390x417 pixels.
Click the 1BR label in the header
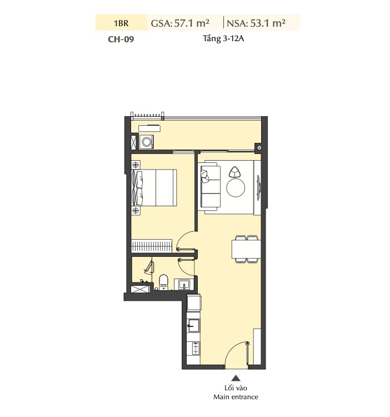coord(121,23)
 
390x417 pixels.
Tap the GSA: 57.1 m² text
coord(180,23)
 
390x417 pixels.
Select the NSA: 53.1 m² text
coord(256,23)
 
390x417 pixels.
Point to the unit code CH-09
coord(121,39)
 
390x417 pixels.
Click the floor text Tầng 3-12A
coord(223,38)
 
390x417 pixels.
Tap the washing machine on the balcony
coord(147,142)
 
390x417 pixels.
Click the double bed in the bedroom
coord(154,187)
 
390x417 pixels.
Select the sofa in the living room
coord(211,187)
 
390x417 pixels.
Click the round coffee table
coord(236,188)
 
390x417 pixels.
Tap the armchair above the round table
coord(234,172)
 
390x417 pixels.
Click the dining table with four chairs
coord(246,249)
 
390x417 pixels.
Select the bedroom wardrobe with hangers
coord(152,246)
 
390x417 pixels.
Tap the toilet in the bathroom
coord(163,282)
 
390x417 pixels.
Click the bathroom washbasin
coord(184,284)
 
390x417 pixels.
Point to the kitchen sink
coord(193,325)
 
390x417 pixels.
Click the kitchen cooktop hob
coord(196,348)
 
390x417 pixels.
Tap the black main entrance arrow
coord(236,378)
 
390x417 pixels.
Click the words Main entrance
coord(236,397)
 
